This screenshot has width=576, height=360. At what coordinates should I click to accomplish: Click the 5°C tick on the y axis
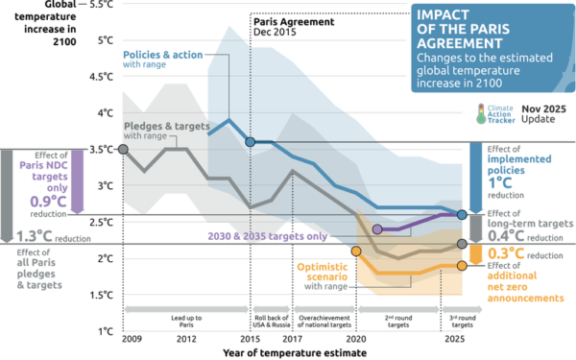[x=106, y=40]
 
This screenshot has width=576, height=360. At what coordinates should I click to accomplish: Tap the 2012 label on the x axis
[x=186, y=341]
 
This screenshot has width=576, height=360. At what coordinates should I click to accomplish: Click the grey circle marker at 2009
[x=123, y=149]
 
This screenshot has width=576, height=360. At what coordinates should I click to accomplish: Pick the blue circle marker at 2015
[x=251, y=142]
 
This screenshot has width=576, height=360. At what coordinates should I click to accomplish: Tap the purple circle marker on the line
[x=377, y=229]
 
